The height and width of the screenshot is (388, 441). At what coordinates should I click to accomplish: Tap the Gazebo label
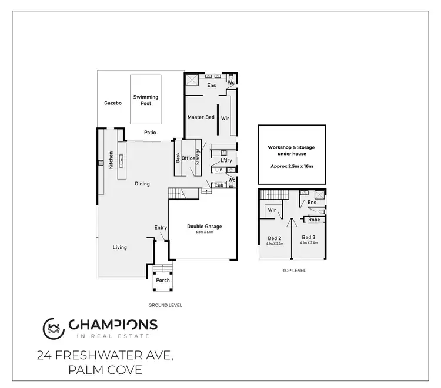point(112,103)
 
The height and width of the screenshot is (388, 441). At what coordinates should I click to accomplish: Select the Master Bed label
point(201,117)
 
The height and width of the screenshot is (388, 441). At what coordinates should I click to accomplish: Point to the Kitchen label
point(110,160)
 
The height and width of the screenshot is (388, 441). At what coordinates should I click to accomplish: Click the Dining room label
point(142,184)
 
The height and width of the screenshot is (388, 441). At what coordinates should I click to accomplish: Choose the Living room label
point(120,247)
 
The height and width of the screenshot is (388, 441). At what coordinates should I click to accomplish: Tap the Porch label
point(162,281)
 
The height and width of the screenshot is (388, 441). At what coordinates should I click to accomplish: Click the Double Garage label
point(204,227)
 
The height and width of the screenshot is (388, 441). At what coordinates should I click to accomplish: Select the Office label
point(188,158)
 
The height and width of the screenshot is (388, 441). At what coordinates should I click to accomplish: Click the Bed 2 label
point(275,238)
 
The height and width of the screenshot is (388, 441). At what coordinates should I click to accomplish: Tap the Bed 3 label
point(309,238)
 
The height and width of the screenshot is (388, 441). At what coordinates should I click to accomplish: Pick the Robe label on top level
point(314,220)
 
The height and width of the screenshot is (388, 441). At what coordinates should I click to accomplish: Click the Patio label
point(149,133)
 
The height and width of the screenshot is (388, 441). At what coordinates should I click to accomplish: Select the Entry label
point(161,228)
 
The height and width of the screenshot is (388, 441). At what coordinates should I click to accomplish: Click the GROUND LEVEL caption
point(166,306)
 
